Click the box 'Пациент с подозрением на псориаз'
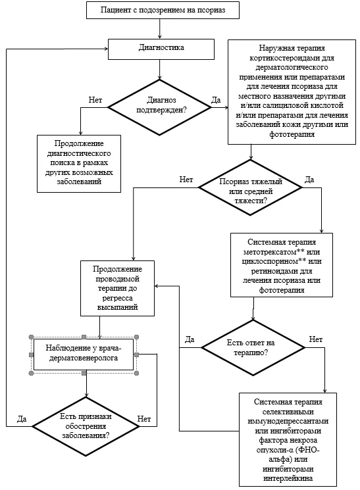point(163,10)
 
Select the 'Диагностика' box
point(161,49)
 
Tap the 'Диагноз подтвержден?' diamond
point(159,107)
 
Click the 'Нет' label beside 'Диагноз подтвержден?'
point(95,100)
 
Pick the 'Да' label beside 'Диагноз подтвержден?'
point(216,100)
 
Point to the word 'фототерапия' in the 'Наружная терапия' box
point(292,134)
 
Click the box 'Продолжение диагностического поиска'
point(79,163)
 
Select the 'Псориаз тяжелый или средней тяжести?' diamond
point(250,187)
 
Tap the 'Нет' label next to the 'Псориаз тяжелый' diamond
point(186,180)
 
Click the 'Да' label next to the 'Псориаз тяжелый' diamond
point(309,180)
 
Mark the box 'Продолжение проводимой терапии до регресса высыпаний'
point(117,288)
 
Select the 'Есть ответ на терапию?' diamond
point(253,347)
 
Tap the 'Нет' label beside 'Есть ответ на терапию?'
point(316,339)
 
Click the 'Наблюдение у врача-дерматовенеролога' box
point(84,355)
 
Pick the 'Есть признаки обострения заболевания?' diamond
point(86,427)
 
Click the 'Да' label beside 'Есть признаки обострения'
point(22,419)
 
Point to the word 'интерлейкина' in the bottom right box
point(288,478)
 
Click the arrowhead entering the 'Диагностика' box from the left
point(107,49)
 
